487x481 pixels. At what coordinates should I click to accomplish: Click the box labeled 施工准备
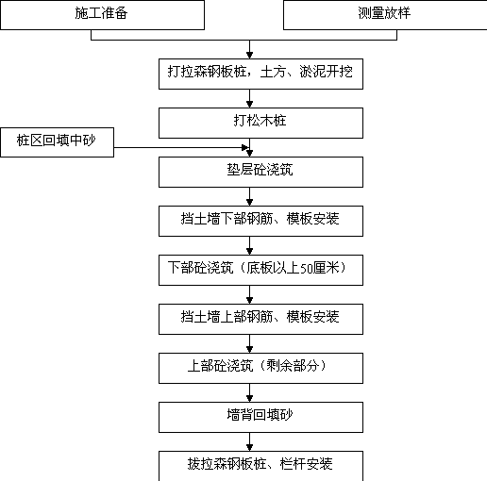pyautogui.click(x=103, y=15)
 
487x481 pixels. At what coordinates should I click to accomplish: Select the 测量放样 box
pyautogui.click(x=385, y=15)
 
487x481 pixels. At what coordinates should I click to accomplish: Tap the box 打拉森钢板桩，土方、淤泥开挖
pyautogui.click(x=260, y=74)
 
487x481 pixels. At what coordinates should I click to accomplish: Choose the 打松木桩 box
pyautogui.click(x=260, y=123)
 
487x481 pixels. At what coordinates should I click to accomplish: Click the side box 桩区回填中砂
pyautogui.click(x=57, y=142)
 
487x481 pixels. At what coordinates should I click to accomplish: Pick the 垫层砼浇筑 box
pyautogui.click(x=260, y=172)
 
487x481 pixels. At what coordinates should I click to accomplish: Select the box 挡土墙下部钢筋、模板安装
pyautogui.click(x=260, y=221)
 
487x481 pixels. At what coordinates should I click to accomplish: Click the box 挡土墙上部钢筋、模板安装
pyautogui.click(x=260, y=319)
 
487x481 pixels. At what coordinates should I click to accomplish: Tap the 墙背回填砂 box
pyautogui.click(x=260, y=417)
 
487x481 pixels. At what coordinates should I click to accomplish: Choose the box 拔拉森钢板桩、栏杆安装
pyautogui.click(x=260, y=466)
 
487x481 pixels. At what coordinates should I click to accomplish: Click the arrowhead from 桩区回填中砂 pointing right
pyautogui.click(x=245, y=147)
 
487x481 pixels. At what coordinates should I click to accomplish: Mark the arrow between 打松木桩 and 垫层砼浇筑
pyautogui.click(x=250, y=147)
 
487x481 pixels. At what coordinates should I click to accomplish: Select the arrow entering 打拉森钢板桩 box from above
pyautogui.click(x=250, y=49)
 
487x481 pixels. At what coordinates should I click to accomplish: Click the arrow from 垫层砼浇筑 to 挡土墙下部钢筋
pyautogui.click(x=250, y=196)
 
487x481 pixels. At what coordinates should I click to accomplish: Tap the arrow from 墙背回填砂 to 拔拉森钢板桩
pyautogui.click(x=250, y=441)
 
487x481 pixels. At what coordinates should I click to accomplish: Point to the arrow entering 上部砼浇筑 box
pyautogui.click(x=250, y=343)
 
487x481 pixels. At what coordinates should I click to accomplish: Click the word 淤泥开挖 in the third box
pyautogui.click(x=326, y=72)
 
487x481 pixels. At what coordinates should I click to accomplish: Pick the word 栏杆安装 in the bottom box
pyautogui.click(x=306, y=464)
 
